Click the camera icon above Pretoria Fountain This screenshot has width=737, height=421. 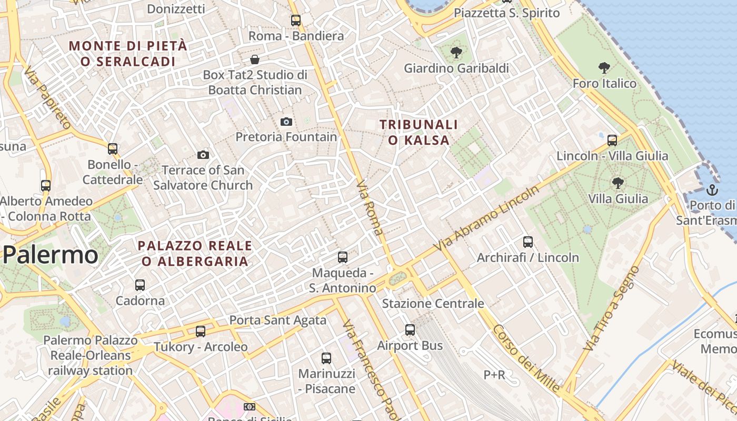(286, 122)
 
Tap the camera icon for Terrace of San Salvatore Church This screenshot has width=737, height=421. (203, 155)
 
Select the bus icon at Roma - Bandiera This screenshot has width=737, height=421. (296, 21)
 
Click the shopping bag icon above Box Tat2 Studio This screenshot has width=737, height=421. (255, 59)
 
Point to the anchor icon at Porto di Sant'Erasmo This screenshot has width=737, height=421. (712, 189)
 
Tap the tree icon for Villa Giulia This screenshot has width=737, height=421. (618, 183)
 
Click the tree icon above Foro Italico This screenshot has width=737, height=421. (604, 67)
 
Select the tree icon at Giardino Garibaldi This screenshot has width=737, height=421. (456, 52)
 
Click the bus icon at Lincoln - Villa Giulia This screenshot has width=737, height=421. (612, 141)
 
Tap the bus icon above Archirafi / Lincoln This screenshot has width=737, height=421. (528, 242)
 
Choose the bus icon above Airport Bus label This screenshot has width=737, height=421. (410, 330)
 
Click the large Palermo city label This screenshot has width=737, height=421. (51, 255)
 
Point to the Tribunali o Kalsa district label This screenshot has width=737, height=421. (419, 132)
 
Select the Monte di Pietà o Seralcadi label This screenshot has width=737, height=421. (128, 54)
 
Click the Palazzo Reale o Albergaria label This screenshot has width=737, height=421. (195, 253)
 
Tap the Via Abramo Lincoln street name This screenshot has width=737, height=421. (486, 218)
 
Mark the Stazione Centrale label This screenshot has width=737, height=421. (433, 304)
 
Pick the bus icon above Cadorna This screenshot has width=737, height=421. (140, 285)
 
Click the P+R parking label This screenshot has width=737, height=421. (494, 375)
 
